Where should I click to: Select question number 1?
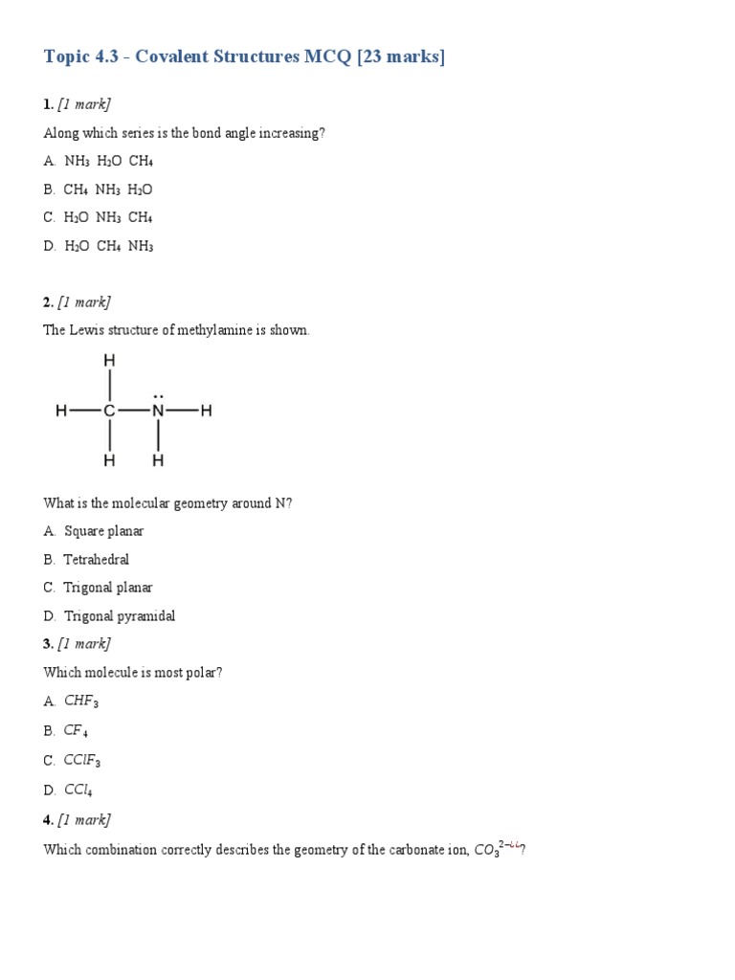[48, 104]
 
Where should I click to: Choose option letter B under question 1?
[49, 189]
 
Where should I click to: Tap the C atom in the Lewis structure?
[110, 412]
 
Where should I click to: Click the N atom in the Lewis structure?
[158, 412]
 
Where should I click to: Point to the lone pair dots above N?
[158, 393]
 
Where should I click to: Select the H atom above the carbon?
[110, 361]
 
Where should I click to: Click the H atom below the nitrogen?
[158, 460]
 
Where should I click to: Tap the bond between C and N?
[134, 412]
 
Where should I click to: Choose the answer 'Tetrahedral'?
[96, 559]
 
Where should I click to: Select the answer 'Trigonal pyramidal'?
[120, 616]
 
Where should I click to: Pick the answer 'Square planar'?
[103, 531]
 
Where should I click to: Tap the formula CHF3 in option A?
[81, 702]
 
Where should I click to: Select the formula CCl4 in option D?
[78, 791]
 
